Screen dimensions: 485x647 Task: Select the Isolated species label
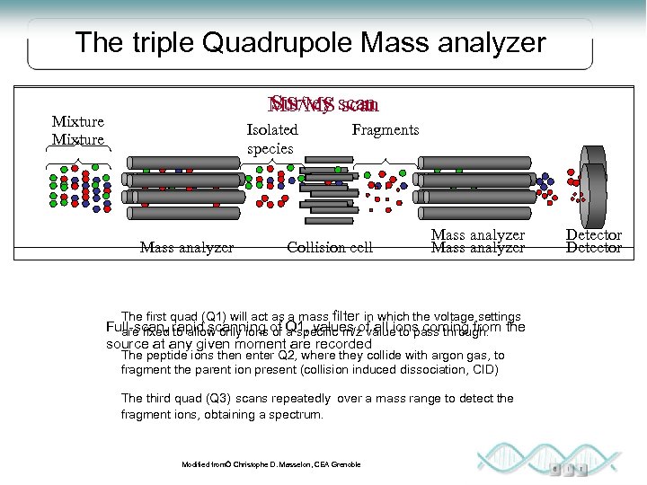(x=271, y=138)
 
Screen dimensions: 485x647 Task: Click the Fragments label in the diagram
(x=385, y=129)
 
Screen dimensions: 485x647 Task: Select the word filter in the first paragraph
(x=347, y=315)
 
